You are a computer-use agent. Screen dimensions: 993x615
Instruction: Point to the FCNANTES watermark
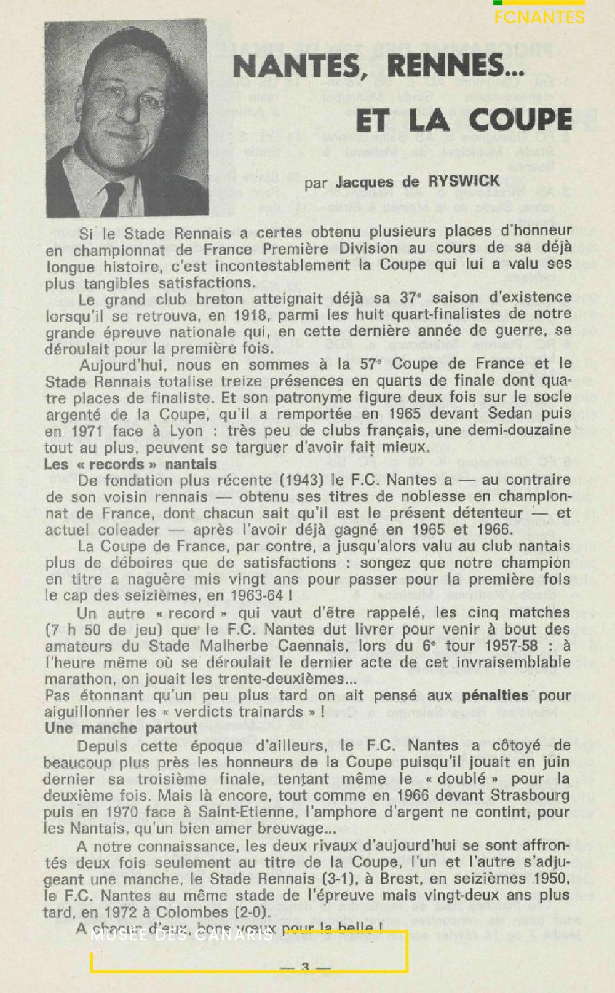[539, 17]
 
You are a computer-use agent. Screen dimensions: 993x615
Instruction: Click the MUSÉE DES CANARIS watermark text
[182, 936]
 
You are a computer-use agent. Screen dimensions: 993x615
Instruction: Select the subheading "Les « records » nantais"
[130, 464]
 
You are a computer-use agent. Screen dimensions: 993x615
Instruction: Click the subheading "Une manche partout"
[121, 729]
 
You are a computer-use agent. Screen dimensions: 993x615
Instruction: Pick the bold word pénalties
[495, 695]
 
